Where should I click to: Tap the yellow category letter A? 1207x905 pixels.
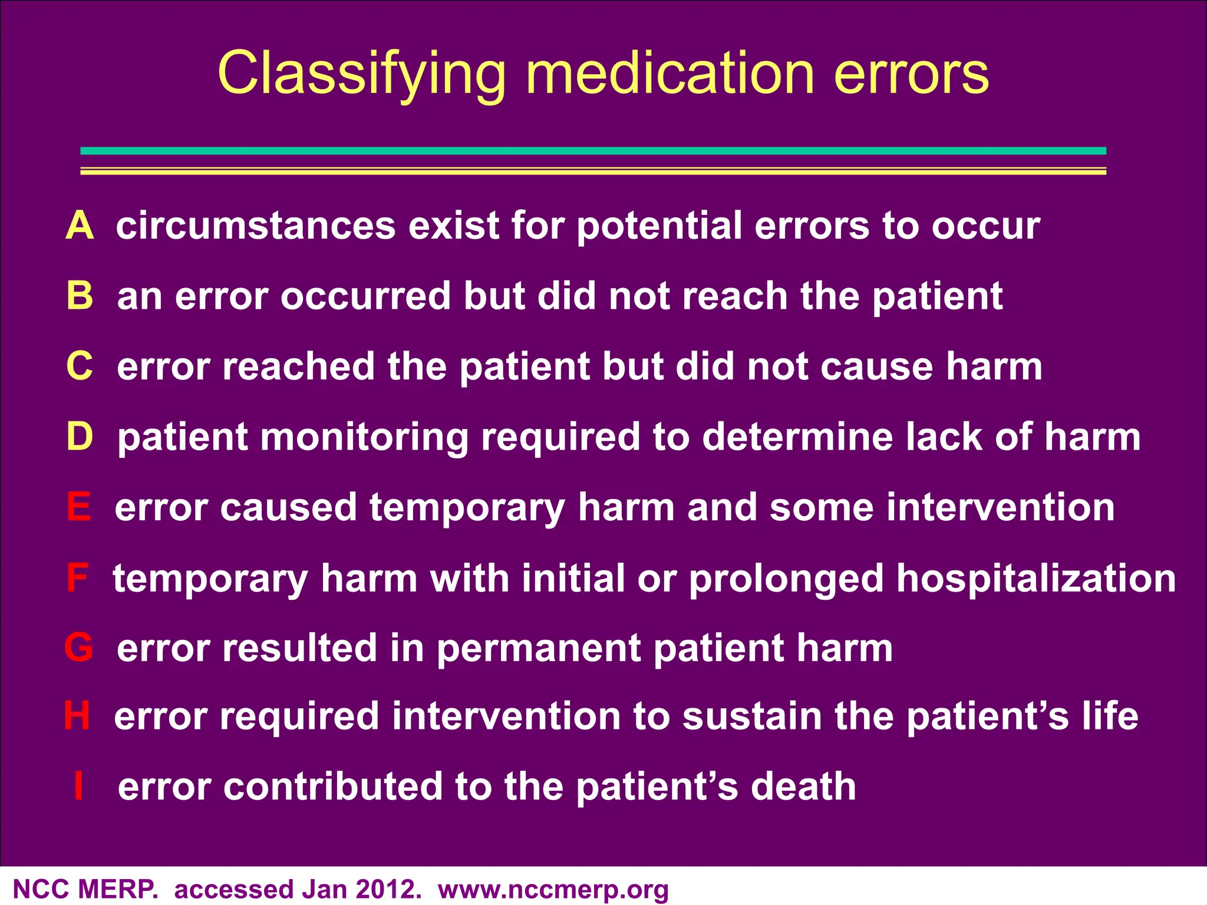(80, 226)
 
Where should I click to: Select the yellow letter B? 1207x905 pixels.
(80, 296)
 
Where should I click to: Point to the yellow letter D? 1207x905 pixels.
(80, 437)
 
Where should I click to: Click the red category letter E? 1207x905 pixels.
(79, 507)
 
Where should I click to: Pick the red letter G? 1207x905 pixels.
(79, 648)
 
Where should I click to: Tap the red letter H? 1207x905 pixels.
(77, 716)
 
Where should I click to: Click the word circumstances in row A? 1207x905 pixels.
(256, 226)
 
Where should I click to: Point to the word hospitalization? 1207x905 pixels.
(1036, 579)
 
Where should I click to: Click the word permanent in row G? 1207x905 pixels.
(539, 648)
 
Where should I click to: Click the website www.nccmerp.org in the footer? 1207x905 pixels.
(553, 890)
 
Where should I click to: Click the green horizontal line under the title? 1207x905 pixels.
(593, 151)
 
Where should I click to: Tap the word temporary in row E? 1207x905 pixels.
(467, 508)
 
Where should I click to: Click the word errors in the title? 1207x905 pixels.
(912, 74)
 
